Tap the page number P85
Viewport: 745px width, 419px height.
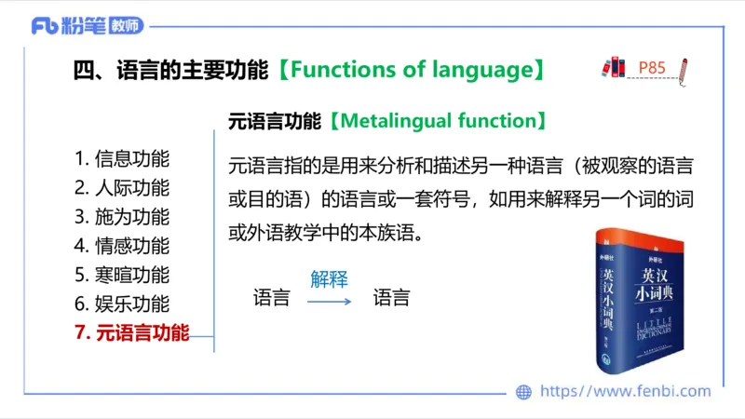point(652,67)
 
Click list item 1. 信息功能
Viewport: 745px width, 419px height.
point(122,159)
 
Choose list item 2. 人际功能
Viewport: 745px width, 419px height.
point(122,188)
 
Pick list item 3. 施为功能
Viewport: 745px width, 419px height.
point(122,217)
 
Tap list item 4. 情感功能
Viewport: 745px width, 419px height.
point(122,246)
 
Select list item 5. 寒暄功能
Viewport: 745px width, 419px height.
point(122,275)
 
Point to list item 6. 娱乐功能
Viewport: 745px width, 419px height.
point(122,304)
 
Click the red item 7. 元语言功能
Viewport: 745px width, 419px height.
point(131,332)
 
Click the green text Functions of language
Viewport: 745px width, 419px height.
point(412,70)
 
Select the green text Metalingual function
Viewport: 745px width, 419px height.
point(435,121)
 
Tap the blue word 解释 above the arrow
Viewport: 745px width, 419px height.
point(329,278)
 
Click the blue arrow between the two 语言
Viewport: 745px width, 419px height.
point(330,300)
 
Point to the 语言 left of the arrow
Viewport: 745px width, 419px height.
point(271,299)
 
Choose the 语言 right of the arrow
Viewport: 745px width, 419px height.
point(391,299)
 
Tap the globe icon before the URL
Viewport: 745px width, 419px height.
point(524,392)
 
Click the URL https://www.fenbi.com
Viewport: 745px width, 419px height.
point(625,392)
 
